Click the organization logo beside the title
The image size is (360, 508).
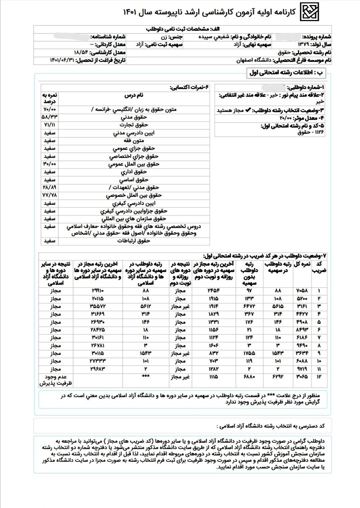click(309, 12)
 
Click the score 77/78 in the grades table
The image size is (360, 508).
click(50, 195)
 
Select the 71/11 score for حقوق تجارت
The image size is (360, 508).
click(50, 125)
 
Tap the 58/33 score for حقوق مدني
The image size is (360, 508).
click(50, 117)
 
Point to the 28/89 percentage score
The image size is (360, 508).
click(50, 188)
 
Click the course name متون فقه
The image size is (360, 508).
click(133, 141)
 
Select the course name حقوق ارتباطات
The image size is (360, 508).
click(133, 241)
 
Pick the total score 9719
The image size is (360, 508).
click(302, 369)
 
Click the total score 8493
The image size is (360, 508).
click(302, 330)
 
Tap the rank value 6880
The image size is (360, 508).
click(249, 377)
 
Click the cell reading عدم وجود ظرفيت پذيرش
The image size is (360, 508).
click(56, 380)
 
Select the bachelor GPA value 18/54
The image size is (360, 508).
click(82, 53)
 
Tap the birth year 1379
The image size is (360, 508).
click(303, 45)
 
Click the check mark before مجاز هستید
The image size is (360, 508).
click(248, 110)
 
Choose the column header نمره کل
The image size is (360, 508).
click(302, 265)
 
